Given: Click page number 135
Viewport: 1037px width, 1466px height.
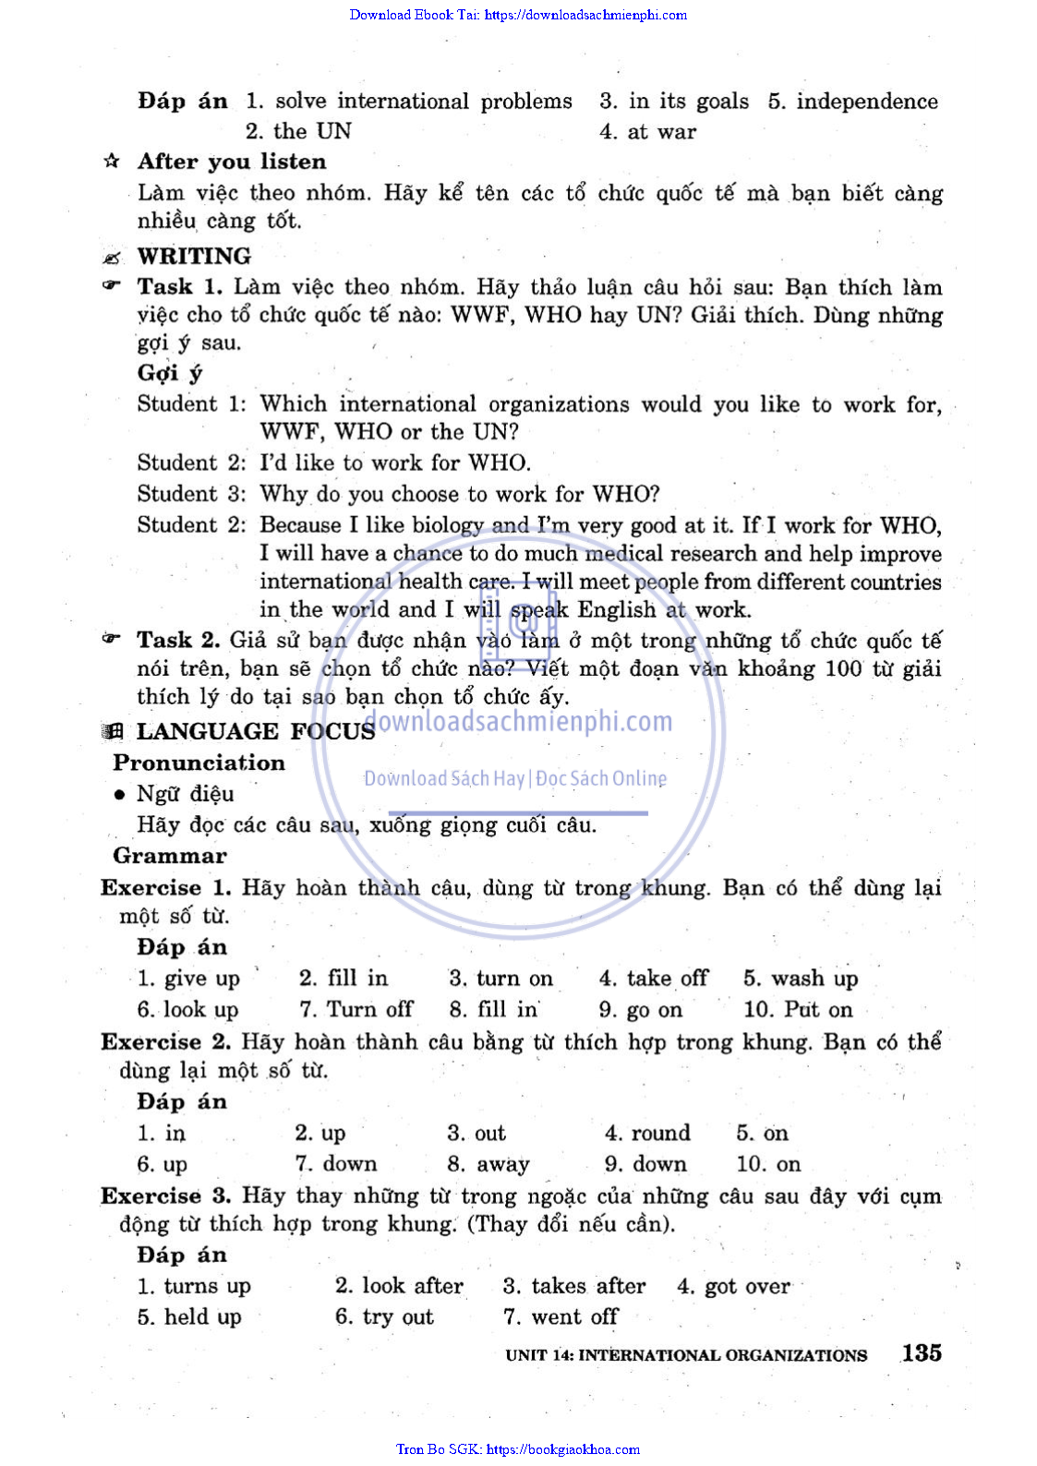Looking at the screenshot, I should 922,1352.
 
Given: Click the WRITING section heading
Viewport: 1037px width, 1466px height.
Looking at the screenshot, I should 194,256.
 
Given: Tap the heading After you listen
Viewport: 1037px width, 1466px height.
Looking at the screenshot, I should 232,162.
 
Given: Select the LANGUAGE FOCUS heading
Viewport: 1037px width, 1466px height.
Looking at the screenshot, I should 255,731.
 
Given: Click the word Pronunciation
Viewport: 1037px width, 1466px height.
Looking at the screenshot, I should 199,763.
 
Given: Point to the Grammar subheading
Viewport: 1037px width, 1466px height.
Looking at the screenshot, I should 169,856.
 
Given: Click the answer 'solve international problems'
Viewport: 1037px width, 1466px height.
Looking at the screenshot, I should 423,102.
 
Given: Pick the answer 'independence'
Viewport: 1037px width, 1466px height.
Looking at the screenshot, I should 866,102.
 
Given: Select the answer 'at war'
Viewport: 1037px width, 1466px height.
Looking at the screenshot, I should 661,132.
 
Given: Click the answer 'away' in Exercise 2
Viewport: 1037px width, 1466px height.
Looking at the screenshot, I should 502,1164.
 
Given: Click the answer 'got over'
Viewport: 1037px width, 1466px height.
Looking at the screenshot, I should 746,1286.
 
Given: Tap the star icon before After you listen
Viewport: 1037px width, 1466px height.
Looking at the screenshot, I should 112,162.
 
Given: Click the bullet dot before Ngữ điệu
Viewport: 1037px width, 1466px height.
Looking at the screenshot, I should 119,795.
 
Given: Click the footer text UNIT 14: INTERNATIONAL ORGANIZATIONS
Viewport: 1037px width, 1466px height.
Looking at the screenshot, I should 686,1355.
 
